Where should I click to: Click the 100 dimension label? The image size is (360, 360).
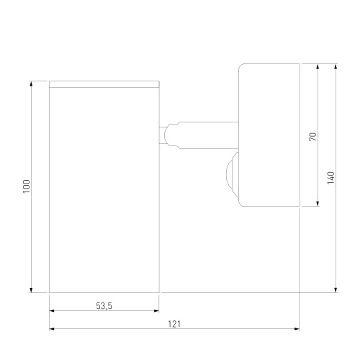(x=27, y=186)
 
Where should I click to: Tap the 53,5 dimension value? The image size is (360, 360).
(x=104, y=306)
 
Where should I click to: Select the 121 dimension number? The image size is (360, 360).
(x=174, y=324)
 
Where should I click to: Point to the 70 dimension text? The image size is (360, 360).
(x=313, y=137)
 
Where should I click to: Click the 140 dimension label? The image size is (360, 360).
(x=330, y=178)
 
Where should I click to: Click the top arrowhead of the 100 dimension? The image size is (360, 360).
(x=31, y=84)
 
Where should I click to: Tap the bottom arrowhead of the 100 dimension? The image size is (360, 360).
(x=31, y=290)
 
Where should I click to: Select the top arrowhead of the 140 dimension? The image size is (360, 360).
(x=336, y=66)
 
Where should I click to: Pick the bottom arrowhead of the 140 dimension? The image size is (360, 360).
(x=336, y=290)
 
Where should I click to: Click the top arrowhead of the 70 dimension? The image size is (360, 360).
(x=318, y=66)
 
